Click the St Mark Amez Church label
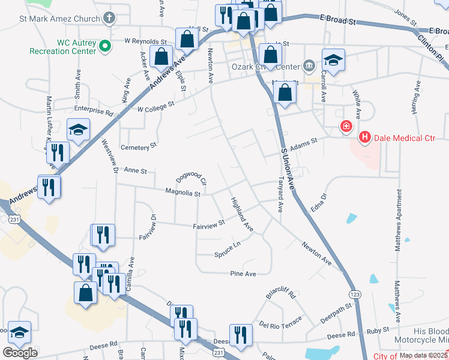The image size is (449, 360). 59,19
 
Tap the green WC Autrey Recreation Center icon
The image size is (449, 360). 104,45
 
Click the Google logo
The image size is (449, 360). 20,353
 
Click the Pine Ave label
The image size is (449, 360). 243,274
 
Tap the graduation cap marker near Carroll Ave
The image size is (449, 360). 333,59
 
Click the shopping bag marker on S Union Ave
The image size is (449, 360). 284,93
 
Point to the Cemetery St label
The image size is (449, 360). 138,146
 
